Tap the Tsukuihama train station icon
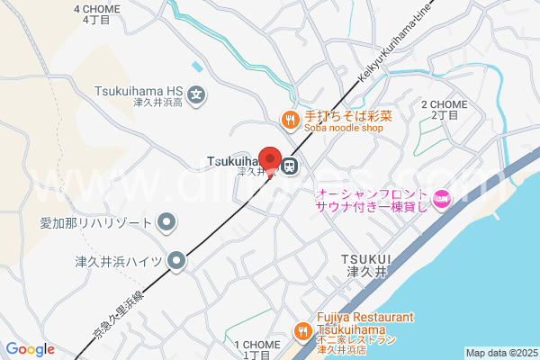coord(291,166)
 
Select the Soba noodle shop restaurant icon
coord(290,117)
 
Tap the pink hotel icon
coord(441,200)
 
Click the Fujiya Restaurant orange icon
coord(303,330)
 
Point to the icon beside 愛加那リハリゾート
coord(166,220)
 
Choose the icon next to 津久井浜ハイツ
coord(177,261)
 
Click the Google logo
coord(30,349)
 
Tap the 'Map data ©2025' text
coord(499,353)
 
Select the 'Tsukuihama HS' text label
coord(139,90)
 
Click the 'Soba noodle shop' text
coord(343,128)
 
